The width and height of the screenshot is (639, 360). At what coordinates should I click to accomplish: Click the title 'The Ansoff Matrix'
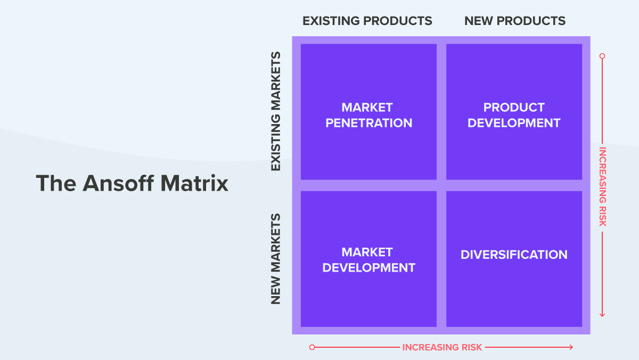point(132,183)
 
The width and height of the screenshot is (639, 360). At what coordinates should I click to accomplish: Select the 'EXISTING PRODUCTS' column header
point(367,21)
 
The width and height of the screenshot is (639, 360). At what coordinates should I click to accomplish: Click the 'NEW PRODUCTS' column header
point(514,21)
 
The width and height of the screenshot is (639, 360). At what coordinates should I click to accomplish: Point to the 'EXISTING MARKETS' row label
point(276,111)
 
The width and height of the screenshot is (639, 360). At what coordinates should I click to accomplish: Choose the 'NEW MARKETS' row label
point(276,259)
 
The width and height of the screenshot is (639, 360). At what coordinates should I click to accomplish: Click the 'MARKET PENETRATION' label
point(368,115)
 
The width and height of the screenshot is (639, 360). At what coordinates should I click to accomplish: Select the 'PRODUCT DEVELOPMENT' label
point(514,115)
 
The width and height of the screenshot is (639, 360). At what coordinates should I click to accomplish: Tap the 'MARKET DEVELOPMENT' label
point(368,260)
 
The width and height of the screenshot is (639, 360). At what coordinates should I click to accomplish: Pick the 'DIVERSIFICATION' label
point(514,255)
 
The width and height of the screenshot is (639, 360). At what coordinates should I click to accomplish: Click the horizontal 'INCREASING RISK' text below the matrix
point(442,347)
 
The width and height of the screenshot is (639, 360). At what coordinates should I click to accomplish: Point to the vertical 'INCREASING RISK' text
point(602,186)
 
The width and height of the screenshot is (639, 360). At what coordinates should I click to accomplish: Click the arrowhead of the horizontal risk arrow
point(571,347)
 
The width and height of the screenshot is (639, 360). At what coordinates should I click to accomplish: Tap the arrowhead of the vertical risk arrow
point(602,315)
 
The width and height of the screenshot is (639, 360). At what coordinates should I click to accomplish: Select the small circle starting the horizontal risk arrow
point(312,347)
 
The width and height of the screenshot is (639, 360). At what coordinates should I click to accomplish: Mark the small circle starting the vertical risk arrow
point(602,55)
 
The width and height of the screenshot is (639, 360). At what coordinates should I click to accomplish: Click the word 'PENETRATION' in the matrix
point(368,123)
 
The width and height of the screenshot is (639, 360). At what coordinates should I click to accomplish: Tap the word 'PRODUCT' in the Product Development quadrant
point(514,108)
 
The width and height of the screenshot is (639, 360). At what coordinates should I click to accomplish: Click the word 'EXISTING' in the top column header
point(331,21)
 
